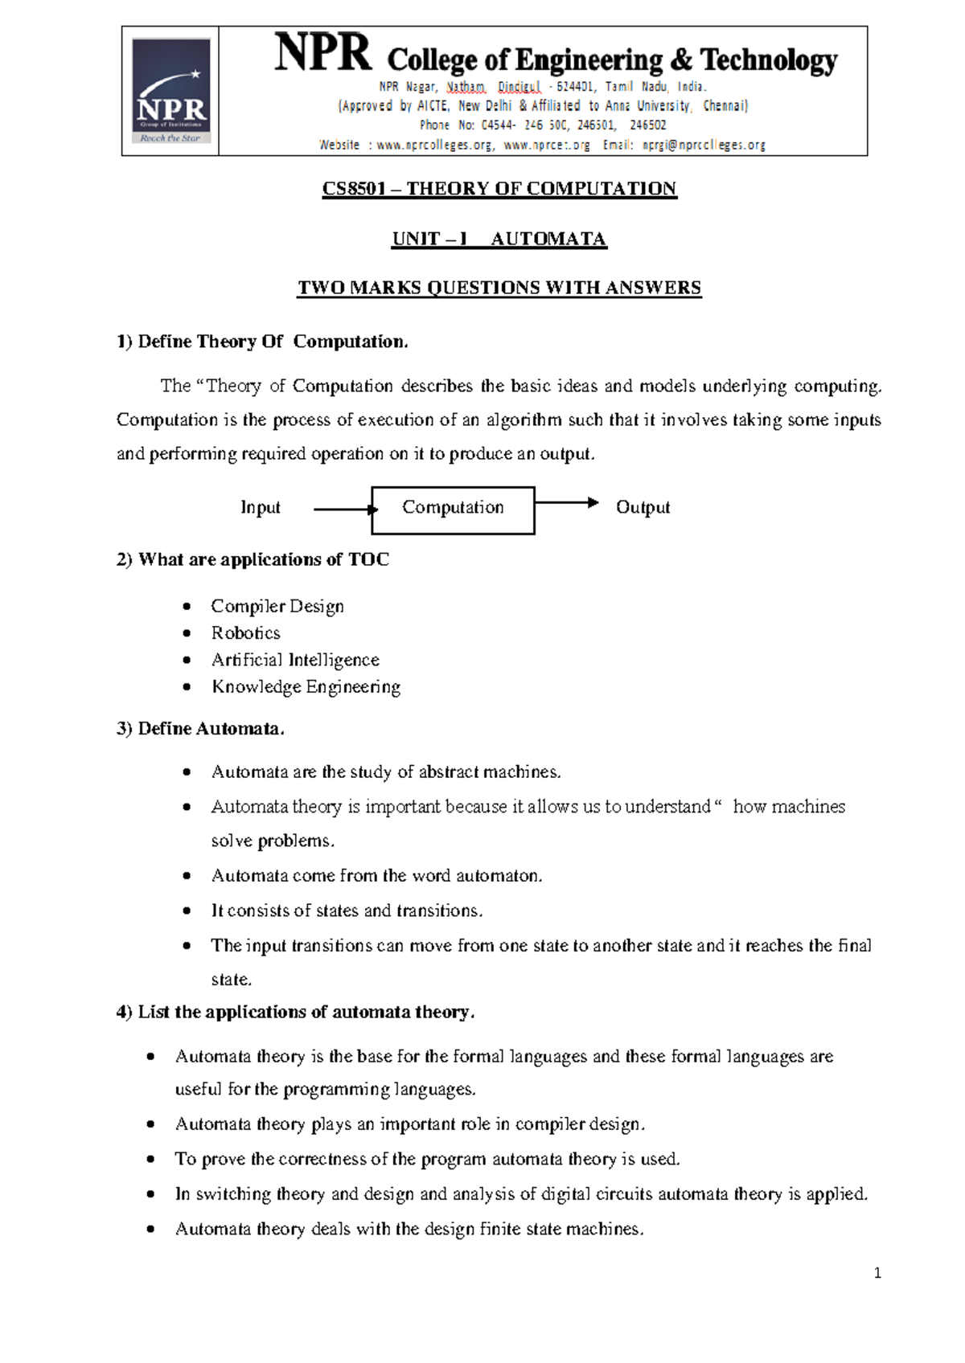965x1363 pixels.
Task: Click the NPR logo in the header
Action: click(x=171, y=91)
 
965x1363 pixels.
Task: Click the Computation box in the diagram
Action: click(x=453, y=510)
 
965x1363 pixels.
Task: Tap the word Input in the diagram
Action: click(x=261, y=508)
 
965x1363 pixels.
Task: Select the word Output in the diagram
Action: click(x=643, y=508)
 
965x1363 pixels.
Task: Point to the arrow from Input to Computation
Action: click(x=344, y=510)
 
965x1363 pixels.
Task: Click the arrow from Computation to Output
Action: click(x=566, y=503)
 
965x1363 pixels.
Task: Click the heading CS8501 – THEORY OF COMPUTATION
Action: click(x=499, y=189)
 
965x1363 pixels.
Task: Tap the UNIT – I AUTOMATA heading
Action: click(x=499, y=239)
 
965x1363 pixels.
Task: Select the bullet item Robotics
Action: click(x=245, y=633)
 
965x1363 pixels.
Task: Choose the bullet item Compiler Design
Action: click(x=277, y=607)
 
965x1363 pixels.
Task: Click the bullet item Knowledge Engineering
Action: click(x=306, y=687)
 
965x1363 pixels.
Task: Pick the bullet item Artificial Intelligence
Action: click(x=295, y=660)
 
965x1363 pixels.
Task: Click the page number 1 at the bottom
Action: click(x=877, y=1273)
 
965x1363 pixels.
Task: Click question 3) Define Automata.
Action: click(x=200, y=729)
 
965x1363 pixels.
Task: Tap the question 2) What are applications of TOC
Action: click(x=253, y=560)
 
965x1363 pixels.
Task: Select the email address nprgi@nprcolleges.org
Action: click(x=704, y=145)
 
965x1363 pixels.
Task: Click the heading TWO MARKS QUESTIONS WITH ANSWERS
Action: click(x=499, y=289)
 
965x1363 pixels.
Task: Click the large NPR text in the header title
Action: click(x=323, y=55)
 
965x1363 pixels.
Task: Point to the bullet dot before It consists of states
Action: click(x=187, y=911)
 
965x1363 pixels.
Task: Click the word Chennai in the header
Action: click(x=725, y=106)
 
